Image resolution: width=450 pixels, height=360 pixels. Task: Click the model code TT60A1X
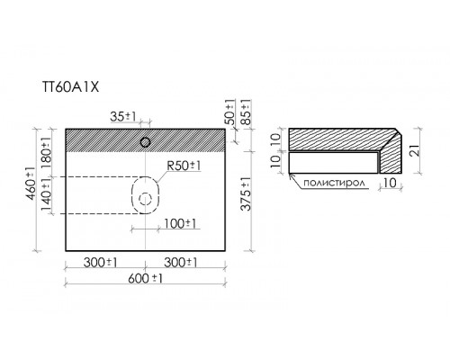click(x=70, y=87)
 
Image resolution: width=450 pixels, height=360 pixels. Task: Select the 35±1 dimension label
click(x=123, y=116)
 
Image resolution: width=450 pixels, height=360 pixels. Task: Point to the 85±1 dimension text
click(x=246, y=112)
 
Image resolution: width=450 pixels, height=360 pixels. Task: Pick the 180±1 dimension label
click(x=46, y=154)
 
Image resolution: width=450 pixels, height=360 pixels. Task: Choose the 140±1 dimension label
click(x=46, y=195)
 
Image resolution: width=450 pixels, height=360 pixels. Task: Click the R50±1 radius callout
click(x=184, y=166)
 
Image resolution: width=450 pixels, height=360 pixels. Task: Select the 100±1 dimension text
click(x=180, y=223)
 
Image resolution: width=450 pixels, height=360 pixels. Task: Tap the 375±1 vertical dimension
click(x=247, y=194)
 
